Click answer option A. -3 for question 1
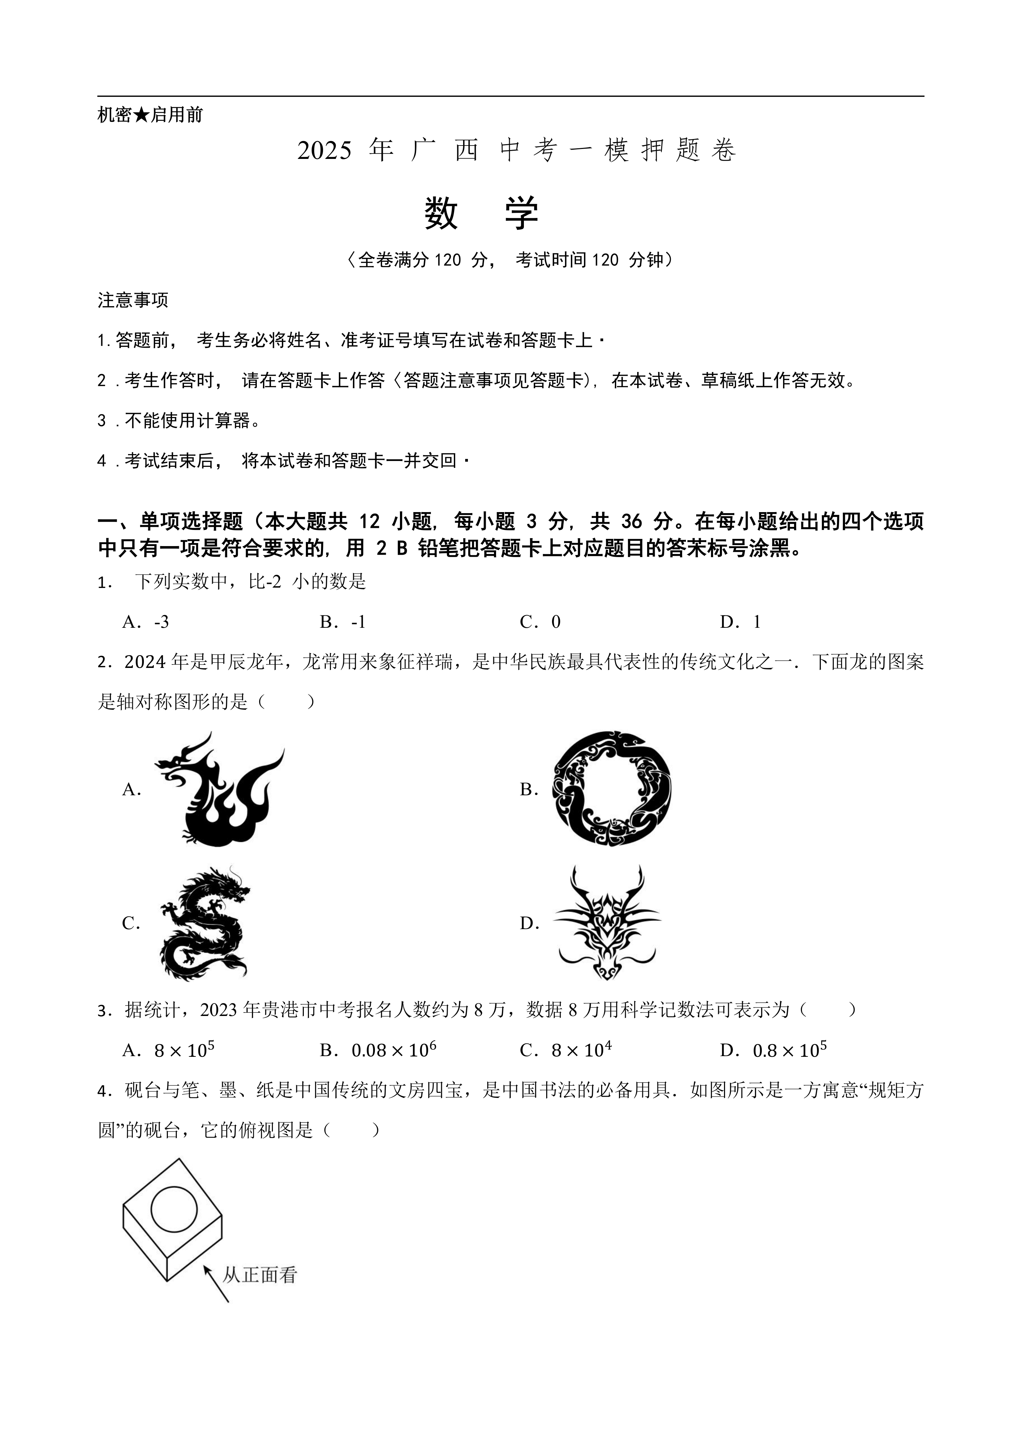click(x=146, y=622)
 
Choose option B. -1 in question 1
click(x=343, y=622)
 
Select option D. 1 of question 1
click(x=741, y=622)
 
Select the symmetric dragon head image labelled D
click(x=607, y=923)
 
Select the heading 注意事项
click(x=133, y=300)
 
